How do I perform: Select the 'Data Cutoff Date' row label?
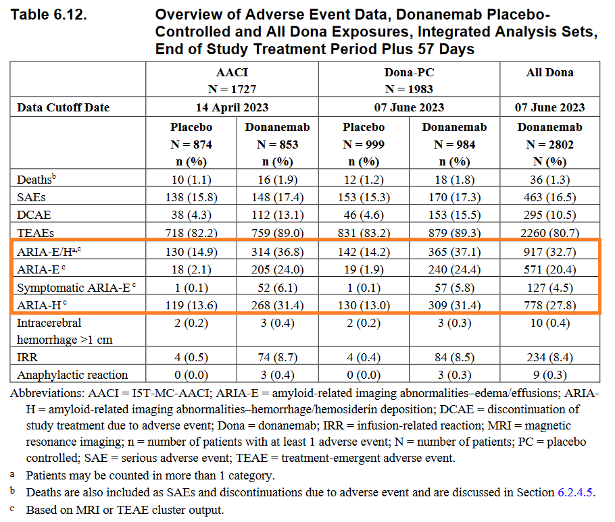click(x=63, y=107)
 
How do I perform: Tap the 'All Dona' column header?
click(x=549, y=72)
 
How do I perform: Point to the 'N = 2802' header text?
click(x=549, y=144)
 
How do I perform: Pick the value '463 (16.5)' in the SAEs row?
click(x=549, y=197)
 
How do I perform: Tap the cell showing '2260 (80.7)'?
click(x=549, y=232)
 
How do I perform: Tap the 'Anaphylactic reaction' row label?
click(x=72, y=375)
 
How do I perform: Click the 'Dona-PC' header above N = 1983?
click(x=409, y=72)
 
